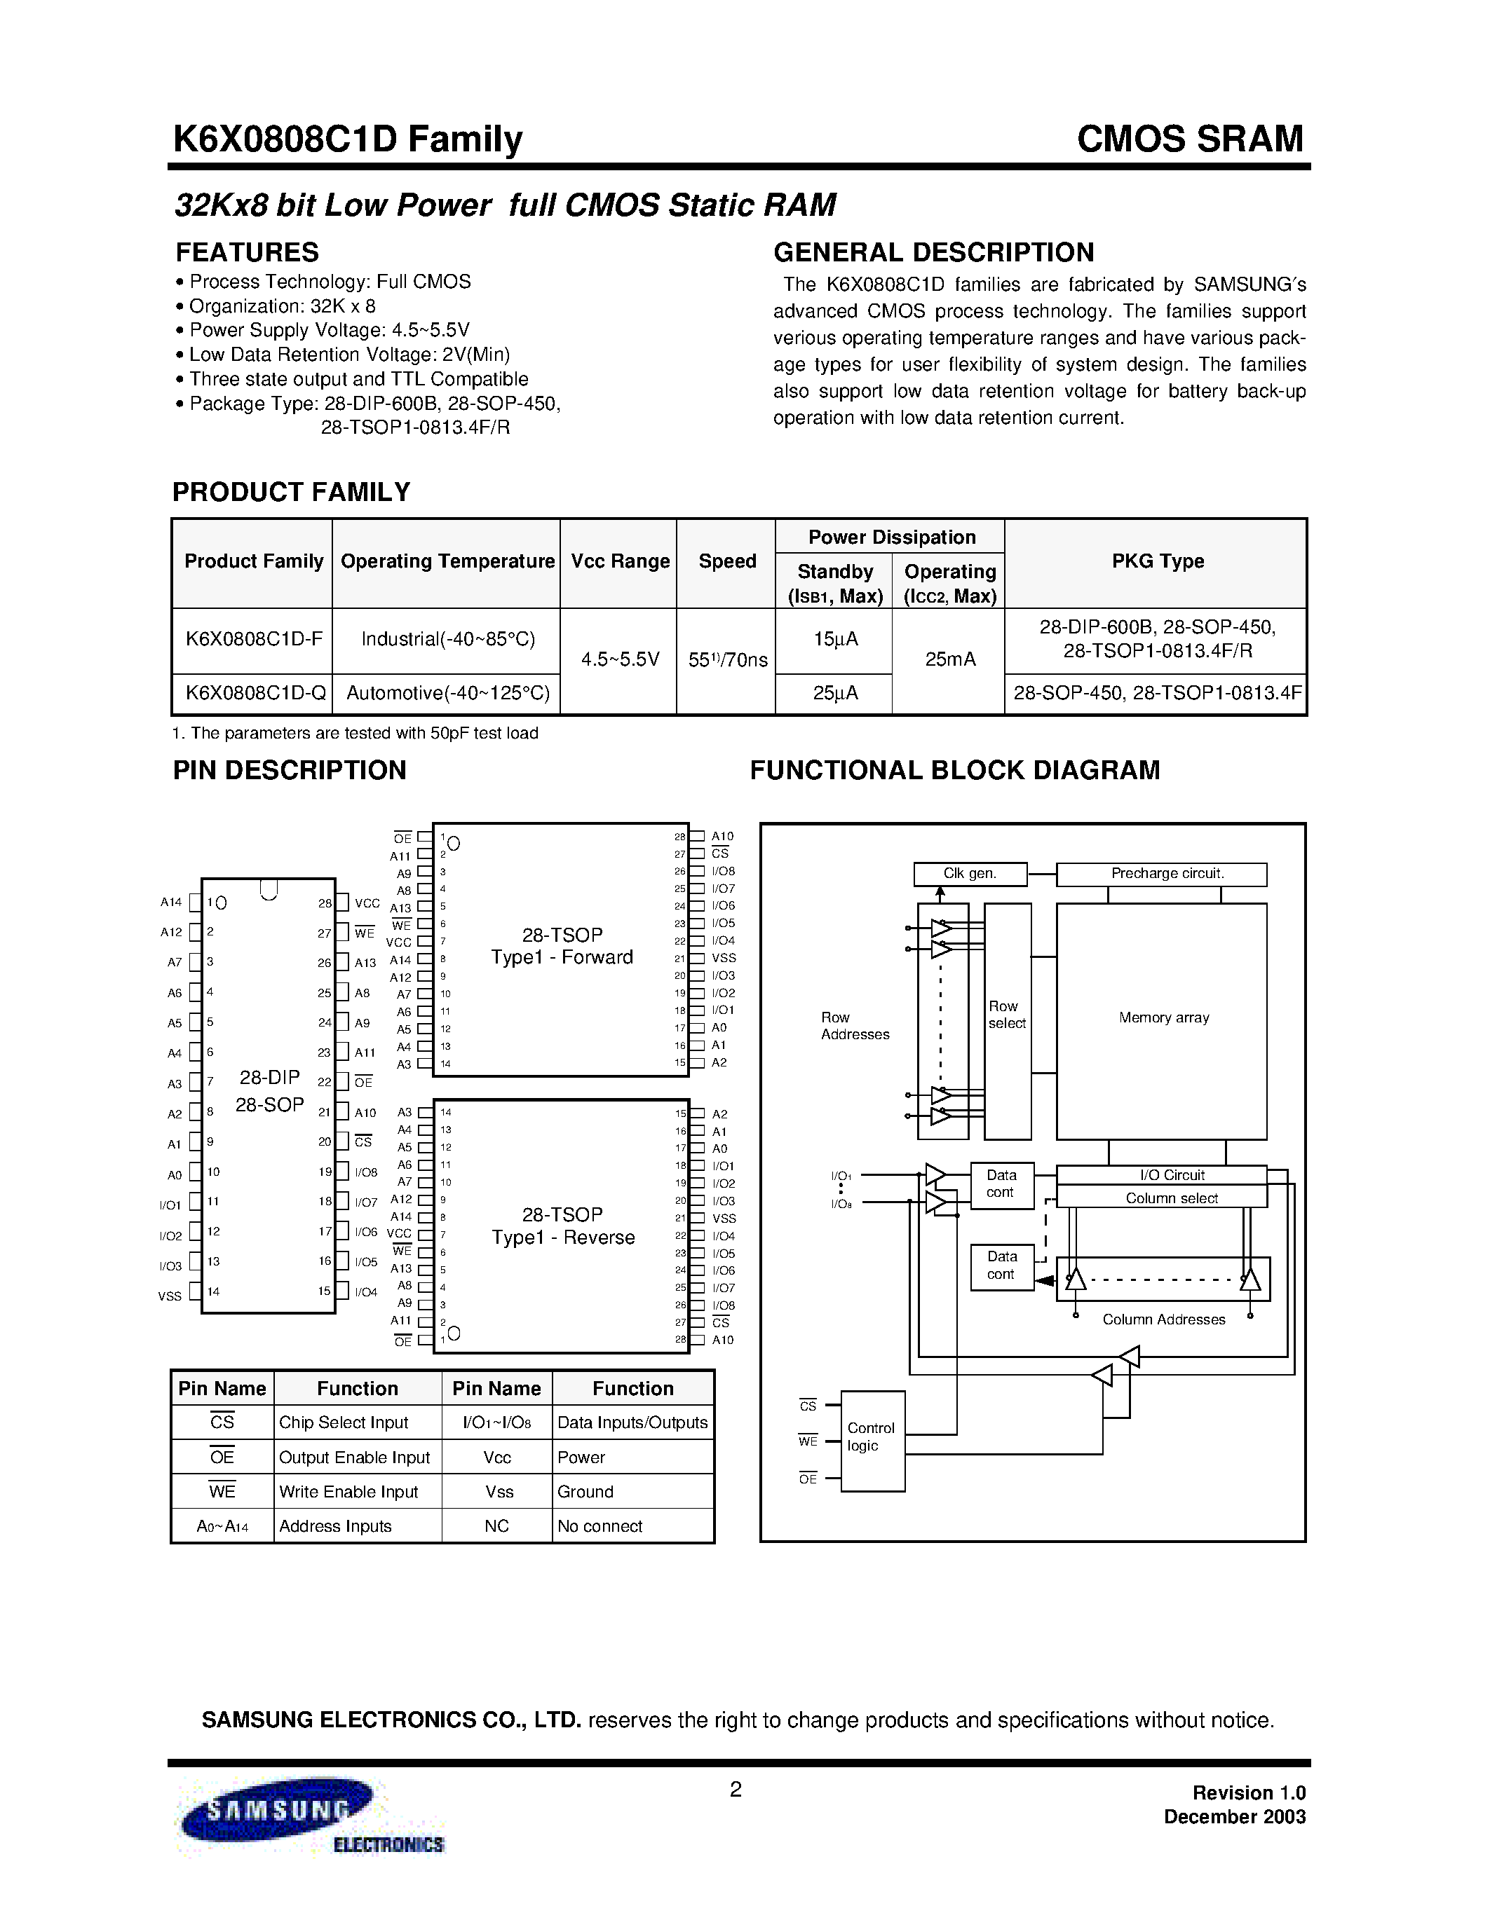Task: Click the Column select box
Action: (1162, 1198)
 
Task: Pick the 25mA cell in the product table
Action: (949, 660)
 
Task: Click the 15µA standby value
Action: (835, 639)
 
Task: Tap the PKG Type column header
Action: (1157, 561)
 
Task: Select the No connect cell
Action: (600, 1525)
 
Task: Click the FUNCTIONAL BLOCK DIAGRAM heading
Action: (954, 770)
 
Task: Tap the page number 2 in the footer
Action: (736, 1788)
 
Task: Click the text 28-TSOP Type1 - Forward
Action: (562, 946)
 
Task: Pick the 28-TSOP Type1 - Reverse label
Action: (563, 1226)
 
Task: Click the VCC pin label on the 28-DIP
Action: (366, 903)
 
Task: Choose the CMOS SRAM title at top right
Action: (1189, 139)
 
